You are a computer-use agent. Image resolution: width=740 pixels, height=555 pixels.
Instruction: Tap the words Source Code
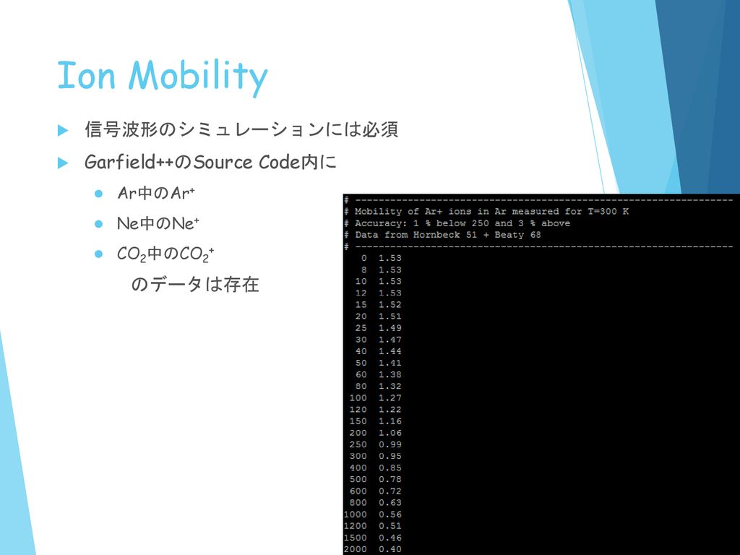(x=246, y=163)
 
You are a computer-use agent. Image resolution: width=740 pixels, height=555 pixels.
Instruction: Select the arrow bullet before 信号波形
(x=63, y=130)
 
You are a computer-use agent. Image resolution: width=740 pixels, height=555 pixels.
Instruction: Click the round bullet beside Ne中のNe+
(x=98, y=224)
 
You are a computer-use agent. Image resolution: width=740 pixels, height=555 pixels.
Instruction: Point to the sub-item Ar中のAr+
(x=156, y=193)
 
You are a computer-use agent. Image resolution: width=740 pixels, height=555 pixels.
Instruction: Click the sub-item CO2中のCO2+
(x=165, y=254)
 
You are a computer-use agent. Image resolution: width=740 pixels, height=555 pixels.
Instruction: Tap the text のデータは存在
(x=195, y=284)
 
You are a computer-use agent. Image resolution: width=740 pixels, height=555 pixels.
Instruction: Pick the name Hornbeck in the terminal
(x=436, y=235)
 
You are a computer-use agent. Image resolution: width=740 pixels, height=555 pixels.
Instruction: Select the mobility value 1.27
(x=390, y=398)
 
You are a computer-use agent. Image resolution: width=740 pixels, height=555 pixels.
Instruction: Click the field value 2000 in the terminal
(x=355, y=549)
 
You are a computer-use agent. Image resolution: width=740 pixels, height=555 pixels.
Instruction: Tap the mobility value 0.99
(x=390, y=444)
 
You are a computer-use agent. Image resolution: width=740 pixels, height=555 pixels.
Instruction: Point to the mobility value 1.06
(x=390, y=433)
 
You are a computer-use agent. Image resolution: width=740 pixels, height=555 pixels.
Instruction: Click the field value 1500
(x=355, y=538)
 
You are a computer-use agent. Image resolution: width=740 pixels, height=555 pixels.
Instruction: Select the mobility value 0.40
(x=390, y=549)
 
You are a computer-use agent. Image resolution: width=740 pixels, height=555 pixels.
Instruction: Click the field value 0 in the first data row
(x=364, y=258)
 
